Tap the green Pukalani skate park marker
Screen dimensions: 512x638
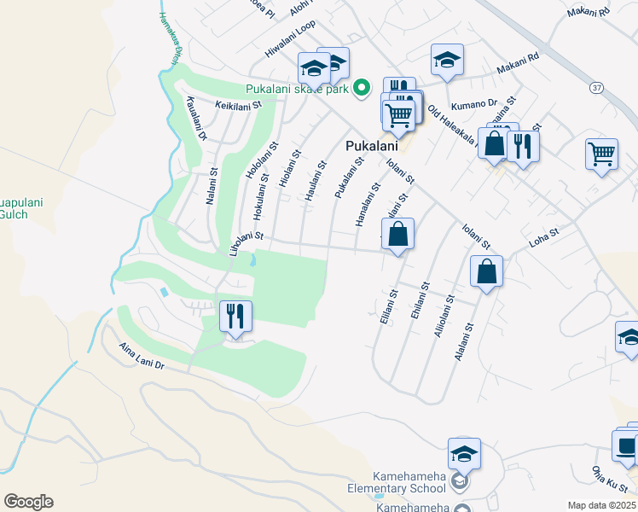[362, 87]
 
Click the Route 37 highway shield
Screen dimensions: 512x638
[595, 87]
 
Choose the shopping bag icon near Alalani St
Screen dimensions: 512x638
[486, 273]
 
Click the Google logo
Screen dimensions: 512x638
[27, 502]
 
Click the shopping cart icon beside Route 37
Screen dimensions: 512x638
[602, 154]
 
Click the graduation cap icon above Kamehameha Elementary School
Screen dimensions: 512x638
[464, 453]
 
